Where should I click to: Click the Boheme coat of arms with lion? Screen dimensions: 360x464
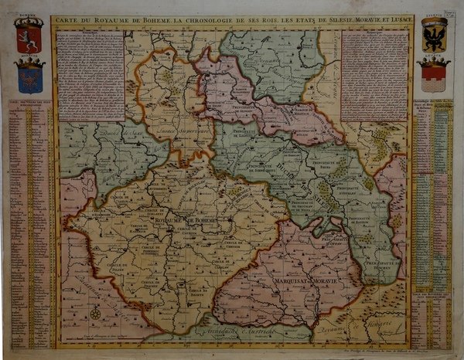29,38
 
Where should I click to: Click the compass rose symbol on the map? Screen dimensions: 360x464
94,313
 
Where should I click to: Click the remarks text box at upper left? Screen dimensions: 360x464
91,75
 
